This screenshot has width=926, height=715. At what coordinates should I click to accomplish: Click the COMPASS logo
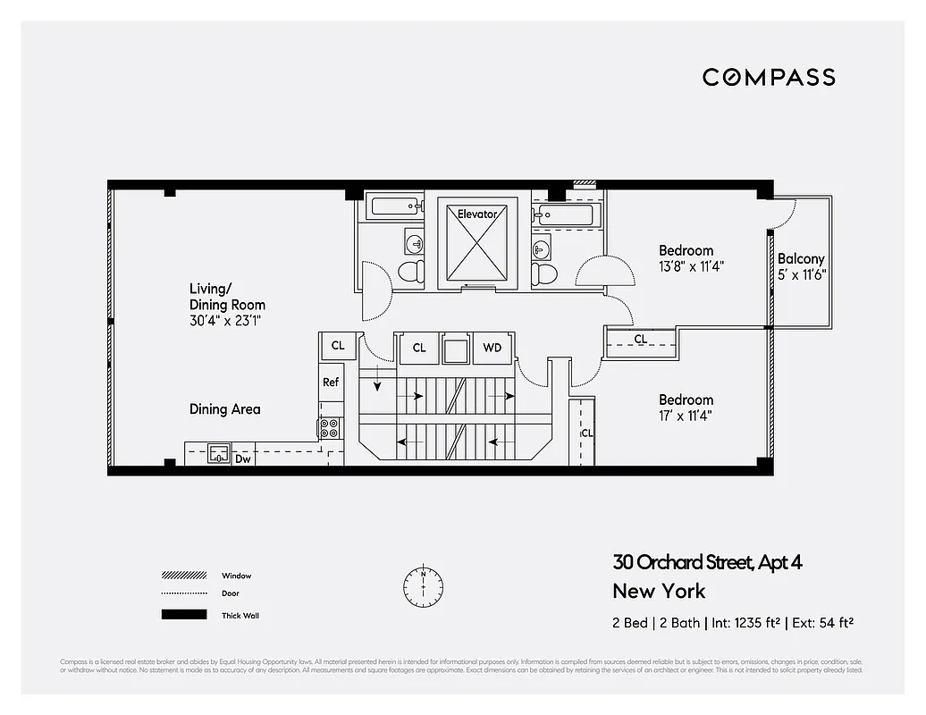point(769,77)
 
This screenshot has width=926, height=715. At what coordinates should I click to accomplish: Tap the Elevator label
point(476,214)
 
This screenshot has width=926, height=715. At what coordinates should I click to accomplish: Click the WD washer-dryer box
point(492,348)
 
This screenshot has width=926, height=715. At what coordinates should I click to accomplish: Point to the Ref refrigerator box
point(331,382)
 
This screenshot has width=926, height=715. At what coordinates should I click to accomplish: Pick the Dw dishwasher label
point(242,458)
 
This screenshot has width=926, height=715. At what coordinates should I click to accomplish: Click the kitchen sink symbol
point(219,453)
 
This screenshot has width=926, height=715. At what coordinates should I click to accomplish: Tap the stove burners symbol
point(330,428)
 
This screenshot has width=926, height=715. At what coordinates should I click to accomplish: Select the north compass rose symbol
point(423,585)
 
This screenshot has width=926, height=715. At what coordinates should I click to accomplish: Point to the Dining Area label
point(224,409)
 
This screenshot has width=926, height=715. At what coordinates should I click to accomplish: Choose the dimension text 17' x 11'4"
point(686,416)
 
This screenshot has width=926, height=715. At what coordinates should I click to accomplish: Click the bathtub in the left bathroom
point(397,207)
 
